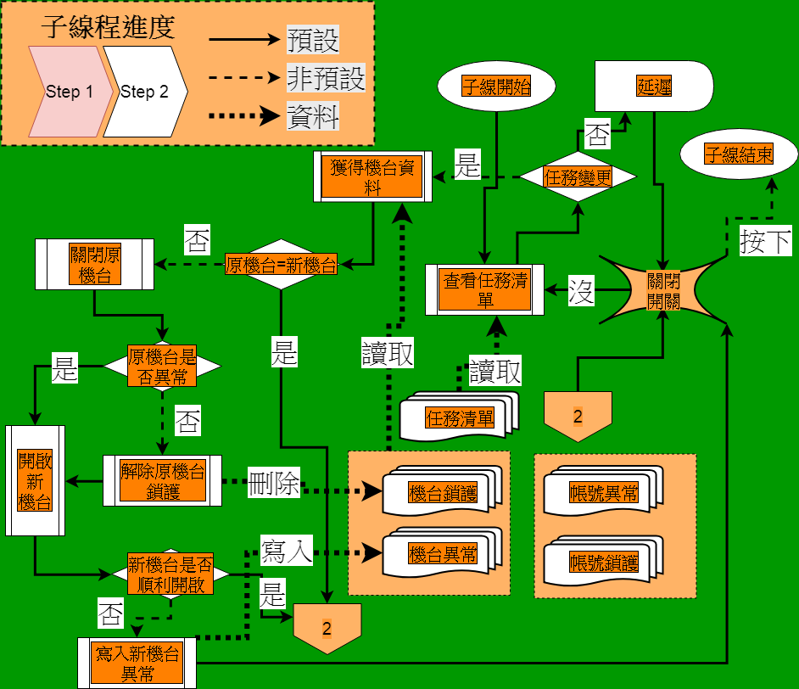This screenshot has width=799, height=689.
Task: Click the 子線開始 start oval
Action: point(496,87)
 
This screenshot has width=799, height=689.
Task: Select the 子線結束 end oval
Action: point(740,154)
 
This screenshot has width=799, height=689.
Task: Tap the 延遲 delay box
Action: point(654,86)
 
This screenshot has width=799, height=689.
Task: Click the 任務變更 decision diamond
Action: point(578,177)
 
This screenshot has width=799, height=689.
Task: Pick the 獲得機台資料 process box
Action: point(372,176)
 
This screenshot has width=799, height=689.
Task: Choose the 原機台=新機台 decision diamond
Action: point(281,265)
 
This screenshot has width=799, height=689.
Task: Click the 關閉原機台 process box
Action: point(94,264)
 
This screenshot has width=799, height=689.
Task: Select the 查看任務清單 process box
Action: point(484,290)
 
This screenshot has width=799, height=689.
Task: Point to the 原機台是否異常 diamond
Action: point(162,366)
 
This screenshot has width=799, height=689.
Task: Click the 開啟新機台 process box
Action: point(35,480)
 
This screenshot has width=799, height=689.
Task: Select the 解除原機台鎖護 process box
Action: point(162,481)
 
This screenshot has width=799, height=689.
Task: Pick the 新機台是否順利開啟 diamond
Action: point(170,574)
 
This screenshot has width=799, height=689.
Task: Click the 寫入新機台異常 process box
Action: point(137,663)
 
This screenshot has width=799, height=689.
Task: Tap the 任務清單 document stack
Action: point(459,417)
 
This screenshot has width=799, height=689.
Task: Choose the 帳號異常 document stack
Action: point(603,492)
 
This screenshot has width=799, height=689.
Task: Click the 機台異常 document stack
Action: point(442,554)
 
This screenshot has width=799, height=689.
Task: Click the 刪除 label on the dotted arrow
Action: point(273,484)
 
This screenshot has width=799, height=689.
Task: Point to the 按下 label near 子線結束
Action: point(765,242)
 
